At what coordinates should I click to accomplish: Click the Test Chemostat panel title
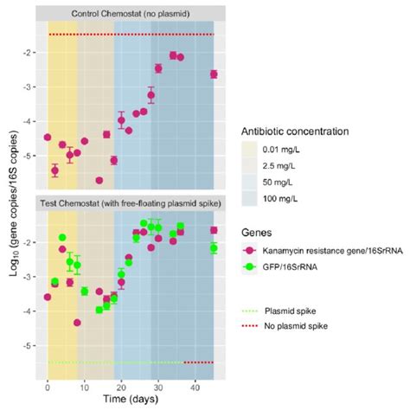[x=131, y=202]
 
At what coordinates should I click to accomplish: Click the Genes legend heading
[x=260, y=233]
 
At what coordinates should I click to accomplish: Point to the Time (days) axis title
[x=131, y=400]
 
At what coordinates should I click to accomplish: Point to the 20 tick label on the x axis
[x=121, y=386]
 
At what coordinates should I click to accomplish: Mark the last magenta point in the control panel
[x=214, y=74]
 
